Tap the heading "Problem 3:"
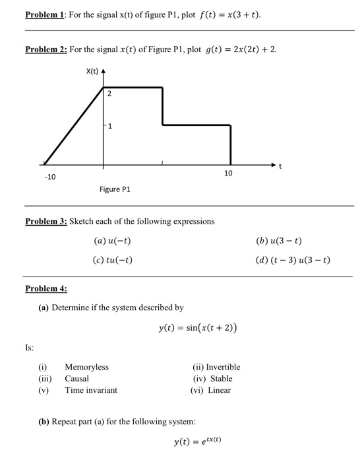pos(45,221)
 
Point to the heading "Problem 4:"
pos(45,288)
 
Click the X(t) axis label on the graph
pos(94,71)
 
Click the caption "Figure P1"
pos(115,189)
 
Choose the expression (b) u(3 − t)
pos(279,241)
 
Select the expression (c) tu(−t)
pos(113,259)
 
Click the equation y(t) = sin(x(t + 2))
pos(198,328)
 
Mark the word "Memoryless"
pos(86,367)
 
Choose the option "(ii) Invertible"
pos(216,367)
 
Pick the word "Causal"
pos(76,379)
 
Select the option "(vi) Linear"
pos(211,390)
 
